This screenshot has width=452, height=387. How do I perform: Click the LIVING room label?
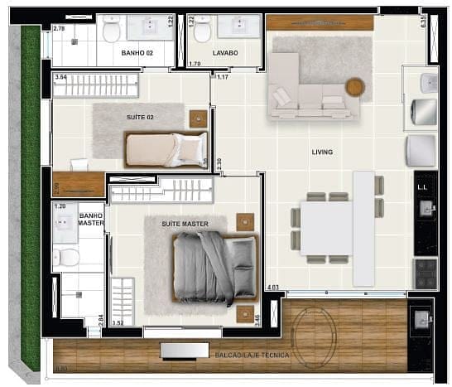click(322, 152)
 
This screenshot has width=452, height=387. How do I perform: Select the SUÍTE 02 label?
click(140, 117)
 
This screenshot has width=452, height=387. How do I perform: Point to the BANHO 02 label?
click(137, 54)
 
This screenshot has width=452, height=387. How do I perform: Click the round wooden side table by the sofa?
click(355, 87)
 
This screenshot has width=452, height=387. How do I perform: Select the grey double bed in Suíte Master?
click(214, 268)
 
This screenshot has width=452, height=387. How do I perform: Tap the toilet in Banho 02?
click(112, 30)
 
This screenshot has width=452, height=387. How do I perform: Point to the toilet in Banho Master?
click(70, 257)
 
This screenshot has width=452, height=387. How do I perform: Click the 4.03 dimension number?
click(273, 288)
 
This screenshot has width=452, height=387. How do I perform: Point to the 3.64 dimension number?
click(60, 77)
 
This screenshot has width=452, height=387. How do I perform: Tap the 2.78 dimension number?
click(59, 29)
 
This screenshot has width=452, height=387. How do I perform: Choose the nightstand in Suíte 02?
click(198, 119)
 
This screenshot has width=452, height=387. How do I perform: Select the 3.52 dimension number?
click(117, 323)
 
